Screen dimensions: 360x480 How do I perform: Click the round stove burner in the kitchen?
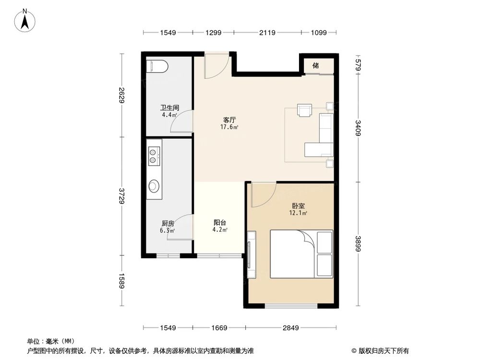click(x=154, y=185)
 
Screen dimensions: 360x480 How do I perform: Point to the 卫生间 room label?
click(x=169, y=108)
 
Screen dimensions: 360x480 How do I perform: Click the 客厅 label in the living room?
click(x=229, y=120)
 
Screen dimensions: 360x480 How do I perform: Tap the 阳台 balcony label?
click(x=220, y=223)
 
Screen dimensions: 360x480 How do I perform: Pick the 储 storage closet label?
click(x=316, y=65)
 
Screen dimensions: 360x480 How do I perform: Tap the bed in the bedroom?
click(x=301, y=254)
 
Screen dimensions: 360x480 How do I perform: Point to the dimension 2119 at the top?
click(x=267, y=33)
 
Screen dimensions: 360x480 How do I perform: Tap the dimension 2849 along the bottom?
click(x=291, y=328)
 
